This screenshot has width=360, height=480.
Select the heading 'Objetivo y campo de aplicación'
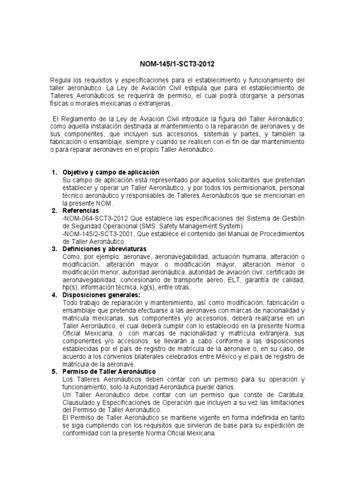point(111,172)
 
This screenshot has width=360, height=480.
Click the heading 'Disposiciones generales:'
point(101,295)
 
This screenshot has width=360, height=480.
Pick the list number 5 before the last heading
point(53,372)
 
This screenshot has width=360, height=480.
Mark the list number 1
point(53,172)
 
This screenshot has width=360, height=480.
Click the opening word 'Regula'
point(60,81)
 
